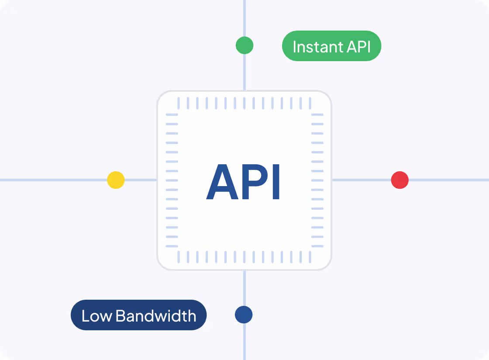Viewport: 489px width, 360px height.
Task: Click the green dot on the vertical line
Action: pyautogui.click(x=244, y=45)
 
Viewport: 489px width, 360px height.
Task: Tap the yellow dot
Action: pyautogui.click(x=116, y=180)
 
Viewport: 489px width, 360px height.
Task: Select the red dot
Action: pyautogui.click(x=399, y=180)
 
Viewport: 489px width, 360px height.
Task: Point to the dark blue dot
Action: pyautogui.click(x=244, y=315)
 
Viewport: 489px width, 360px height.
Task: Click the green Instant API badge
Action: pyautogui.click(x=331, y=46)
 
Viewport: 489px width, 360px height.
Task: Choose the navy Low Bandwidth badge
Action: pyautogui.click(x=138, y=315)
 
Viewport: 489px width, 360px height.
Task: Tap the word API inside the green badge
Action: pyautogui.click(x=358, y=46)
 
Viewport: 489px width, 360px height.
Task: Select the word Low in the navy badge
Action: pyautogui.click(x=97, y=315)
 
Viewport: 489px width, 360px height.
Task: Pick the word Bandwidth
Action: pyautogui.click(x=156, y=315)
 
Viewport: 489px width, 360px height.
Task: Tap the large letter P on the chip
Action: pyautogui.click(x=253, y=182)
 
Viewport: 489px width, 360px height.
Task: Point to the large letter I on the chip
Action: pyautogui.click(x=275, y=182)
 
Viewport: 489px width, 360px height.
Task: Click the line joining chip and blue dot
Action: pyautogui.click(x=244, y=288)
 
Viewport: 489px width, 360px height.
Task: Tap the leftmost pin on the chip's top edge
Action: pyautogui.click(x=179, y=104)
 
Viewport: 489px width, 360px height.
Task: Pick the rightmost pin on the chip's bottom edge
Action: pyautogui.click(x=310, y=257)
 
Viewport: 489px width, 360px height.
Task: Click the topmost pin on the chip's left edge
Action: pyautogui.click(x=172, y=114)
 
